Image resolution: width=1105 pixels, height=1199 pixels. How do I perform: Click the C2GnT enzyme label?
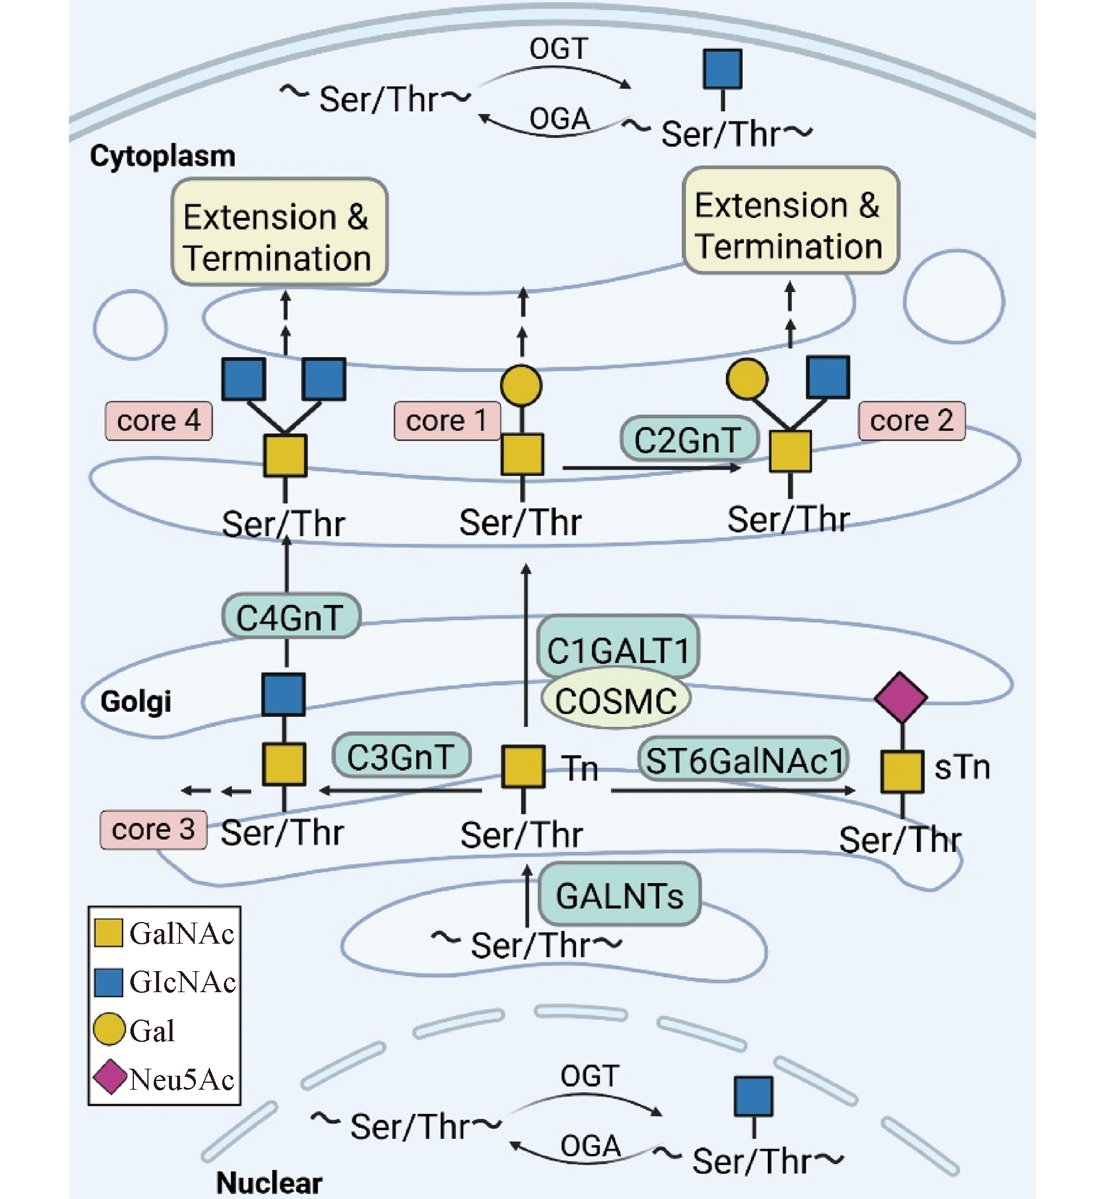click(x=689, y=439)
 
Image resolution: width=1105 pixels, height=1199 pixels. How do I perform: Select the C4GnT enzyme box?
click(x=291, y=616)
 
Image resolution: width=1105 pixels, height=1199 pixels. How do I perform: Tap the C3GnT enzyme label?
click(x=400, y=756)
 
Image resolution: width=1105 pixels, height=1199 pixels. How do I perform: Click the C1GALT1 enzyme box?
click(x=617, y=649)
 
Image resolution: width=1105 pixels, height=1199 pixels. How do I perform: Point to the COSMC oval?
click(x=616, y=701)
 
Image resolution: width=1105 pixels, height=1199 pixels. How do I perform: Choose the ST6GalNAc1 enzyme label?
click(x=744, y=760)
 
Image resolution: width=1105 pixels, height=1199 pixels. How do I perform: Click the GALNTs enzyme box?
click(x=620, y=895)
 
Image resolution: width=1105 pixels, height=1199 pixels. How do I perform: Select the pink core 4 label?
click(x=158, y=421)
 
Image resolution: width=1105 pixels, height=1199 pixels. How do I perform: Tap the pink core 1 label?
click(x=447, y=421)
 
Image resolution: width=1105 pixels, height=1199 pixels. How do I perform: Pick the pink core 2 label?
click(x=911, y=421)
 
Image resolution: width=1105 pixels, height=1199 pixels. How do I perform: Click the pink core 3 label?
click(x=153, y=830)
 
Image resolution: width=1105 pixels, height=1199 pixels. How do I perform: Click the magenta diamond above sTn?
click(x=900, y=697)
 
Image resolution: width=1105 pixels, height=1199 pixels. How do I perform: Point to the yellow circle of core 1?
click(x=522, y=385)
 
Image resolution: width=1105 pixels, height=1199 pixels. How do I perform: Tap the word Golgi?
click(x=136, y=701)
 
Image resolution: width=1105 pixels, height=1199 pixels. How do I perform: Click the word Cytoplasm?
click(x=163, y=156)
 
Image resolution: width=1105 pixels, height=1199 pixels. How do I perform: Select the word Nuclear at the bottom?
click(x=269, y=1182)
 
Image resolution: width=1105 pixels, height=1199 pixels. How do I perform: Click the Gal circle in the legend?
click(x=109, y=1029)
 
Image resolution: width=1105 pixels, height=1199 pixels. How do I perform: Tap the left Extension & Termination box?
click(x=279, y=231)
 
